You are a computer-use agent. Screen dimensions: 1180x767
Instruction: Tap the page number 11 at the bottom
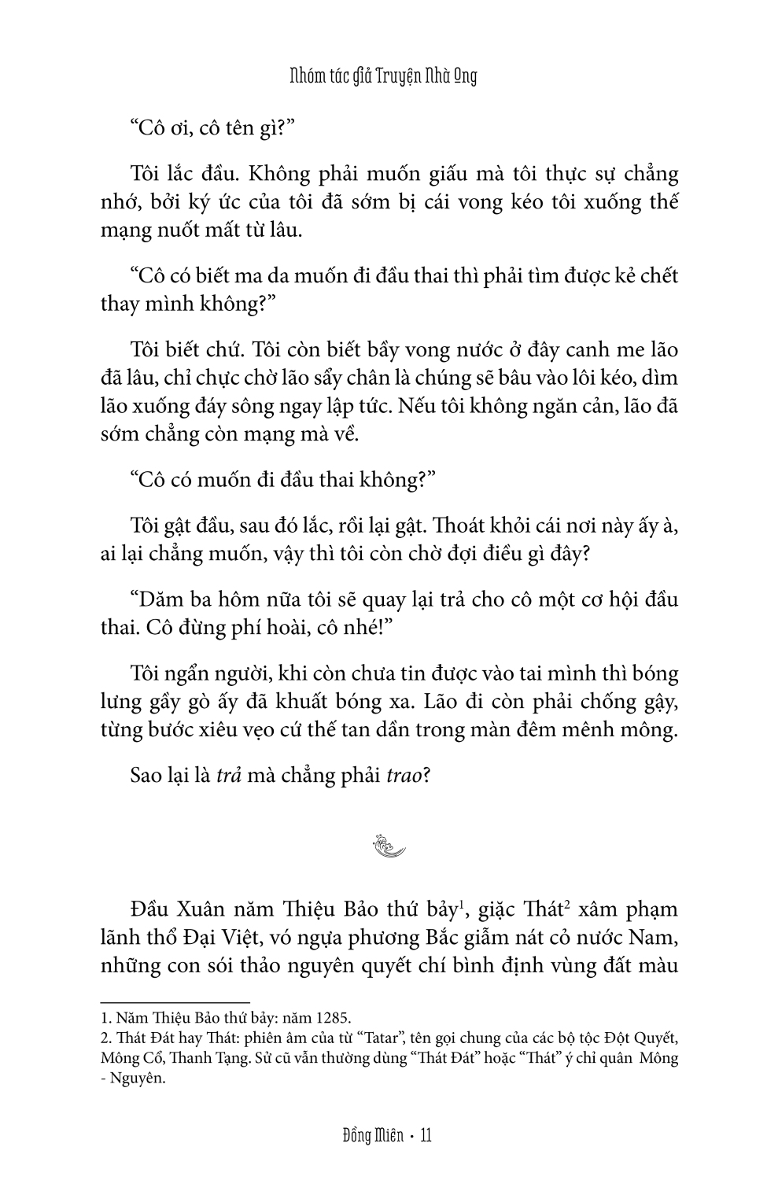click(x=426, y=1135)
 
